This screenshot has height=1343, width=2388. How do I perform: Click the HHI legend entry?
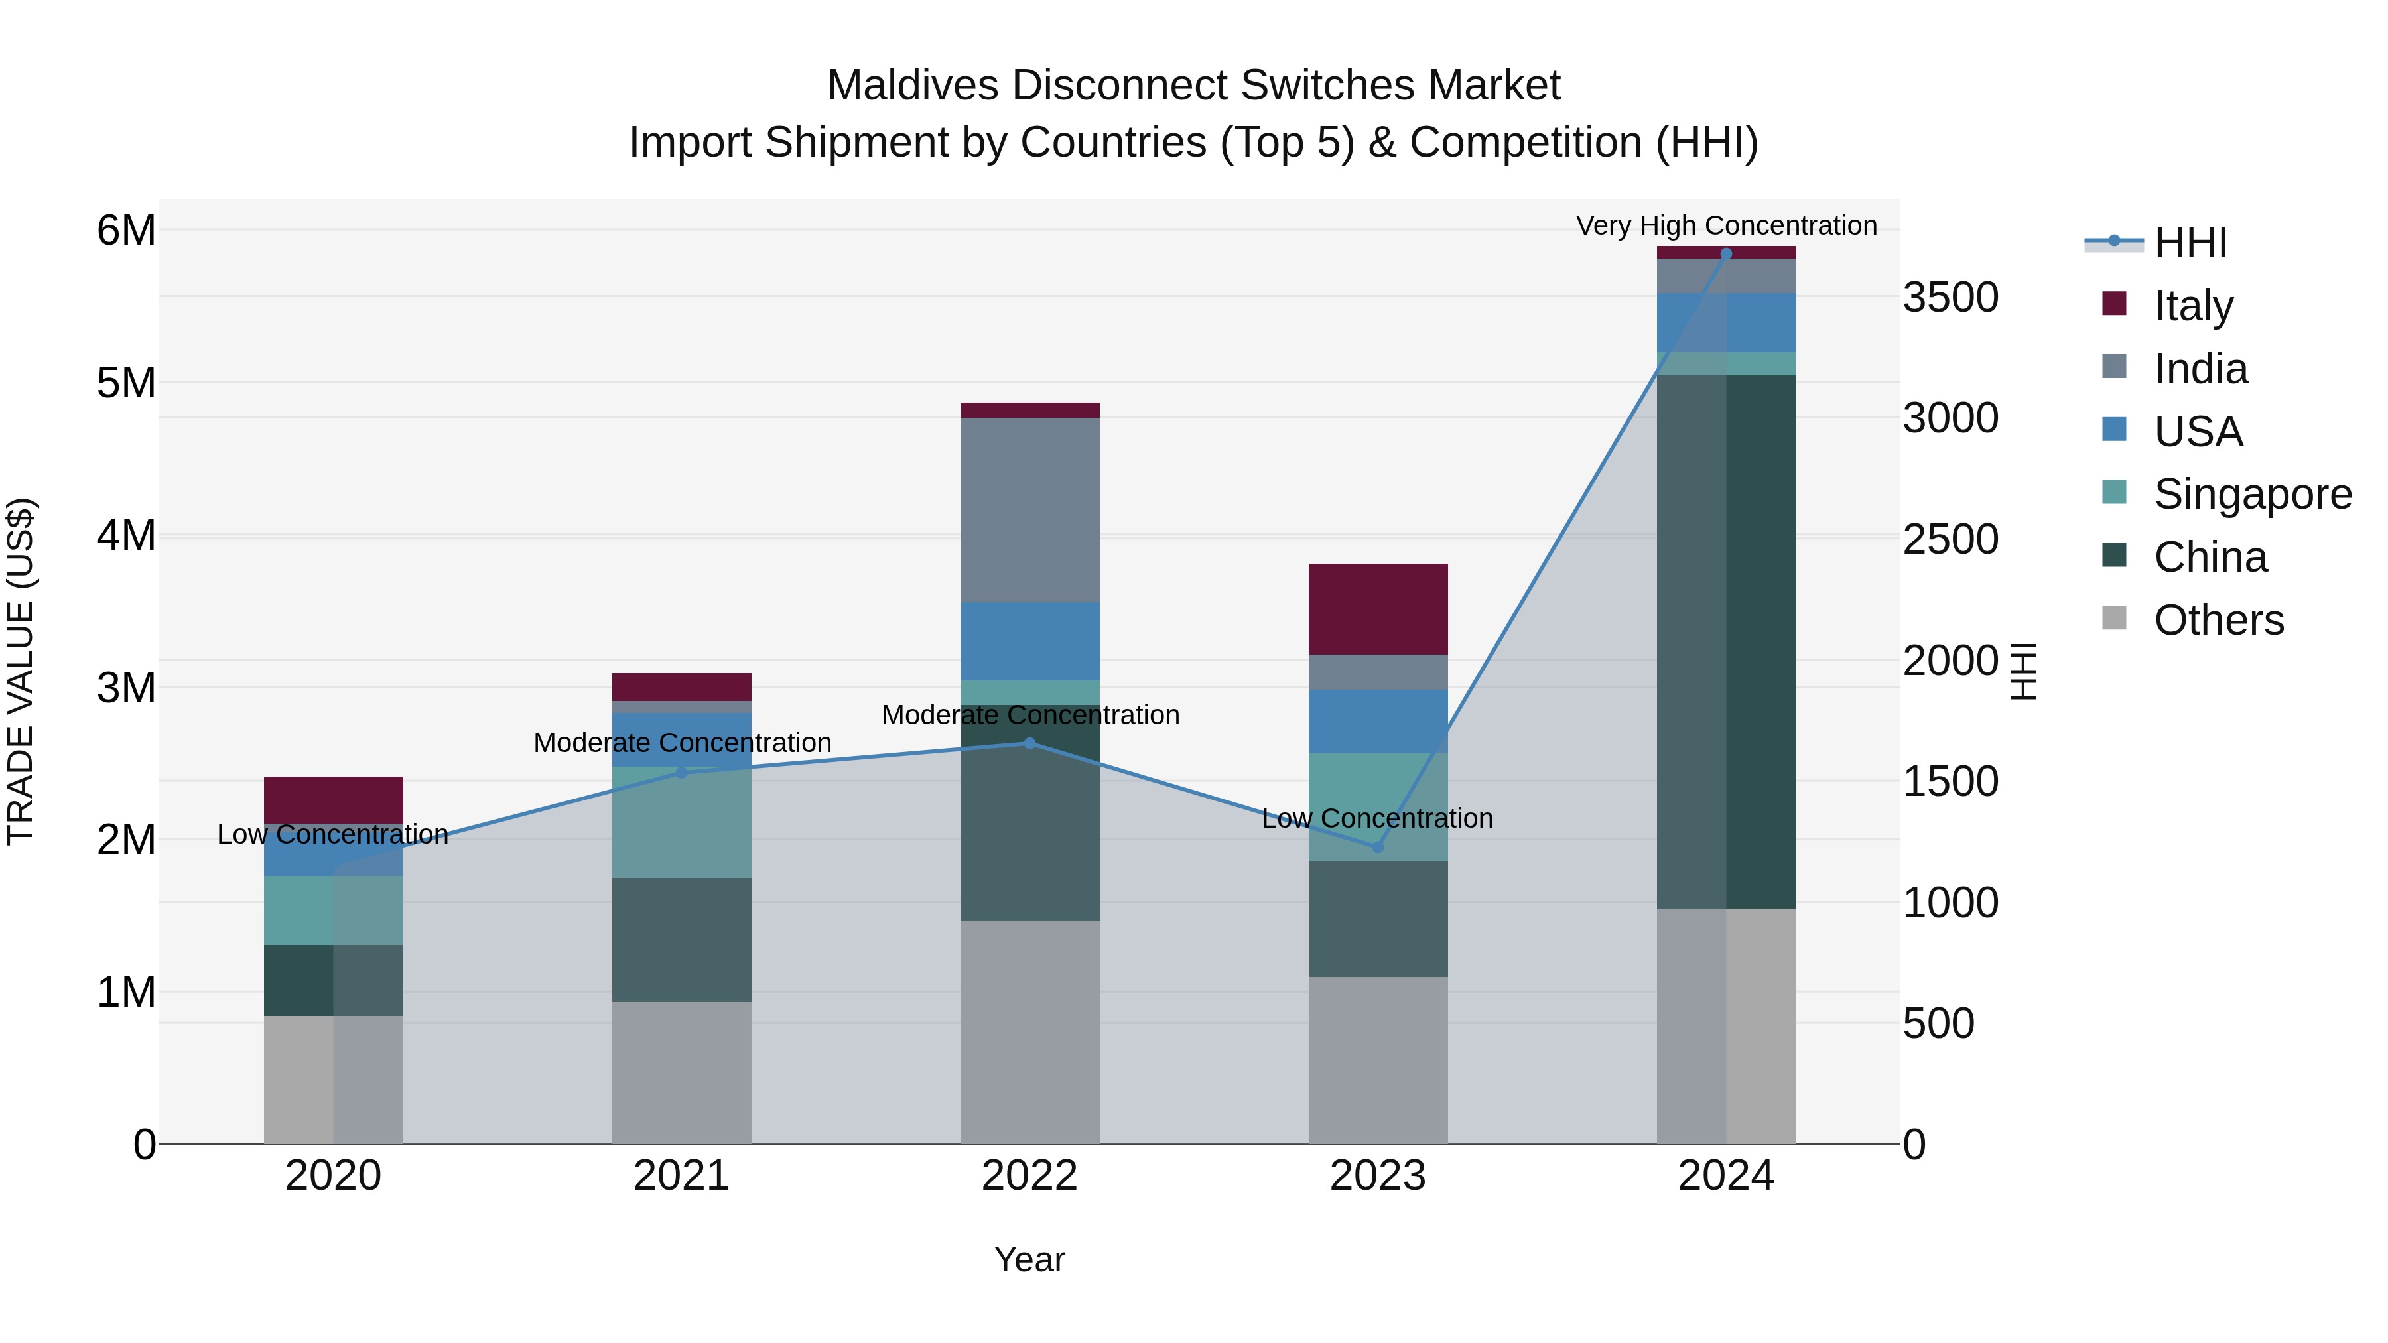pyautogui.click(x=2190, y=243)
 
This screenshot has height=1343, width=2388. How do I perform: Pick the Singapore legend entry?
pyautogui.click(x=2252, y=494)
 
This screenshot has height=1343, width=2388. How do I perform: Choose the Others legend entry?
pyautogui.click(x=2218, y=620)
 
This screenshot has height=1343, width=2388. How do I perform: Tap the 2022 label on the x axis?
pyautogui.click(x=1029, y=1176)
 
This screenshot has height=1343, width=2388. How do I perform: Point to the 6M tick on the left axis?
pyautogui.click(x=127, y=230)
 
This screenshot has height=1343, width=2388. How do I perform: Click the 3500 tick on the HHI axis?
pyautogui.click(x=1950, y=298)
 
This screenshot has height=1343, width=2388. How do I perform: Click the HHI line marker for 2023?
pyautogui.click(x=1378, y=847)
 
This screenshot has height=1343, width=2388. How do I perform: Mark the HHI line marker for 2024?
pyautogui.click(x=1726, y=253)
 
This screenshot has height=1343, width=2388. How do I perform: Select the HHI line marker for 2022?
pyautogui.click(x=1029, y=743)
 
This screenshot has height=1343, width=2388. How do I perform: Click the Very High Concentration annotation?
pyautogui.click(x=1726, y=225)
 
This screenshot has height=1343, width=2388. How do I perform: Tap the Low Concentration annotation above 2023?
pyautogui.click(x=1378, y=818)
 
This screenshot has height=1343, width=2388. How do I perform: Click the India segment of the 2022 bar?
pyautogui.click(x=1029, y=510)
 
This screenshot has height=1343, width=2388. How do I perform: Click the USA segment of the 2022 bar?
pyautogui.click(x=1029, y=641)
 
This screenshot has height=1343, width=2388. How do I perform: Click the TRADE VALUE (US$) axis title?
pyautogui.click(x=21, y=671)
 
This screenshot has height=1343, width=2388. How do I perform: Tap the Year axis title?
pyautogui.click(x=1029, y=1259)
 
